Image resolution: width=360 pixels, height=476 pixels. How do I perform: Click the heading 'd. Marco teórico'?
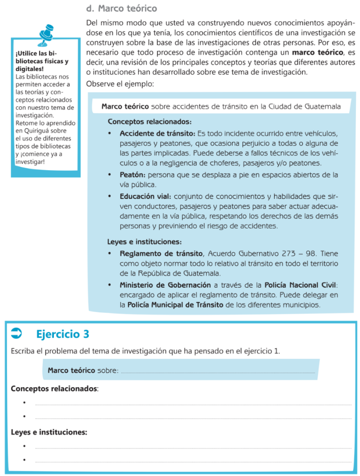122,8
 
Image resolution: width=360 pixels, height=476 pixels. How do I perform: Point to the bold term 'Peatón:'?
133,175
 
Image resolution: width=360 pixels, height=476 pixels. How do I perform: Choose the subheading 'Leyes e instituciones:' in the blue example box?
144,242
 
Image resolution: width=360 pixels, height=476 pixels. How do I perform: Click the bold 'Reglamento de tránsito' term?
161,254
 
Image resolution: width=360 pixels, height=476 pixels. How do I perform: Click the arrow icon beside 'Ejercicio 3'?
17,332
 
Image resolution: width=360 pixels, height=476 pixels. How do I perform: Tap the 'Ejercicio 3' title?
62,334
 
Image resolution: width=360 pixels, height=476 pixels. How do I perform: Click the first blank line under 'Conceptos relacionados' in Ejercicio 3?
193,404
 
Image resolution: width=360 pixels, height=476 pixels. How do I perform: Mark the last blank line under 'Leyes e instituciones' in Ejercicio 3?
193,461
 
